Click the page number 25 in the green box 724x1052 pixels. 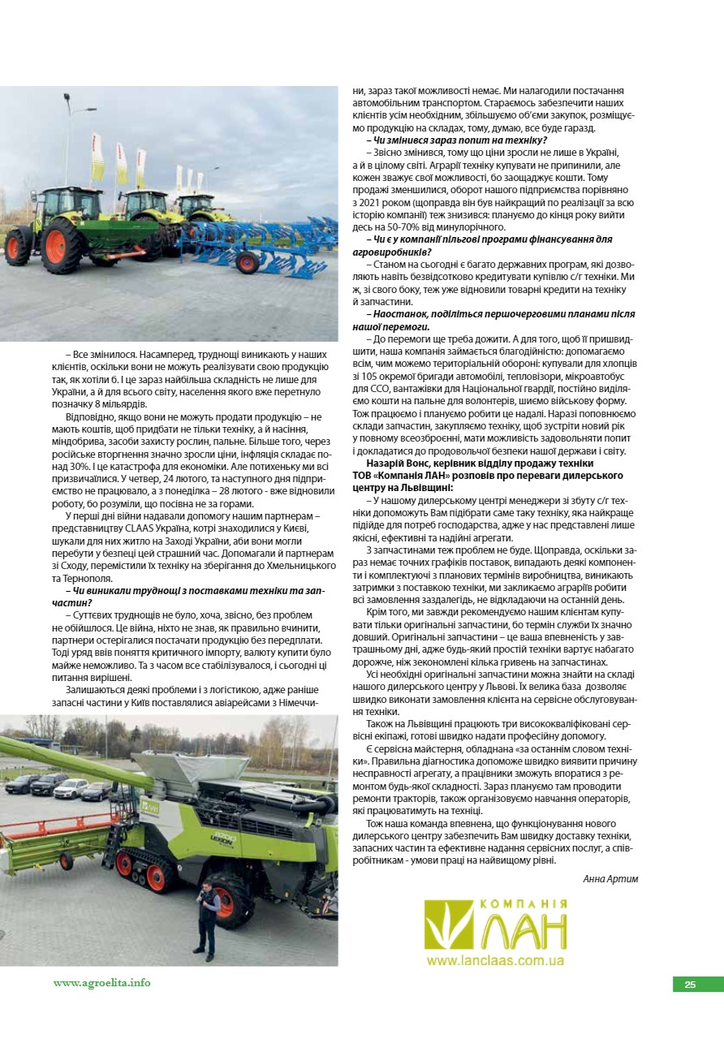690,985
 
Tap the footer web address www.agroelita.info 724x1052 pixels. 102,982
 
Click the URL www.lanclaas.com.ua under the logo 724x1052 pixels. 494,960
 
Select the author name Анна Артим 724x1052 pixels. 610,878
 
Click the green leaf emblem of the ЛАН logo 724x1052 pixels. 448,926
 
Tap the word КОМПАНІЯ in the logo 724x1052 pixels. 524,904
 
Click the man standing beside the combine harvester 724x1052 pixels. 207,917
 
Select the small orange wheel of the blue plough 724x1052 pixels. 248,262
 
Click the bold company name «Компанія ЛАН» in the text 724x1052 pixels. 422,475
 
